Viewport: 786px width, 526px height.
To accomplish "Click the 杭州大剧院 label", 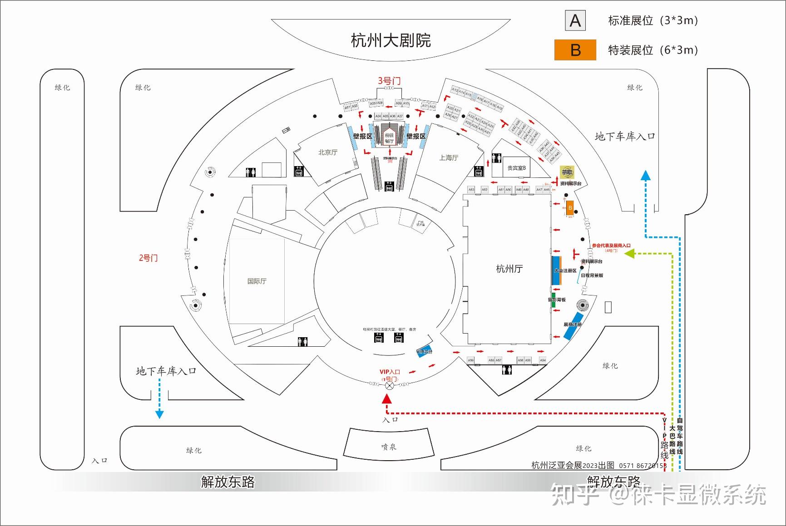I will (391, 40).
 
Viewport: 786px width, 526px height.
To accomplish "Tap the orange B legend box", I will (575, 50).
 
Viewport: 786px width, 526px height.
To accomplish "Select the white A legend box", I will (575, 21).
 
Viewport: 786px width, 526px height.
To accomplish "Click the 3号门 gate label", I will (389, 81).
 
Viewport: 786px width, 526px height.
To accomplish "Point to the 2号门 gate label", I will (148, 258).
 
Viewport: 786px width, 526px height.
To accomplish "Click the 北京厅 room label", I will (328, 152).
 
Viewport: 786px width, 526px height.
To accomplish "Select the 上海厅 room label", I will (449, 157).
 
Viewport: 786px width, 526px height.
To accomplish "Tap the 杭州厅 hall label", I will (509, 269).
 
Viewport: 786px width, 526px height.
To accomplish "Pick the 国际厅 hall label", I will (257, 281).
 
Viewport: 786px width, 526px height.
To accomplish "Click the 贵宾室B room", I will (516, 168).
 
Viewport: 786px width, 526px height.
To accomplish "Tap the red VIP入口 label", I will (390, 372).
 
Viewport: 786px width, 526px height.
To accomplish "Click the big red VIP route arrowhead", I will (387, 399).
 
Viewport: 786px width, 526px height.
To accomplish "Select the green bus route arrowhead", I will (629, 254).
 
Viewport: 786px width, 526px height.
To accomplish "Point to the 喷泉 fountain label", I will (389, 447).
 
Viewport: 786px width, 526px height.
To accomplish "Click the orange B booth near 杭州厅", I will (570, 208).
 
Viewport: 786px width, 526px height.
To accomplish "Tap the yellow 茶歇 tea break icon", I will (567, 172).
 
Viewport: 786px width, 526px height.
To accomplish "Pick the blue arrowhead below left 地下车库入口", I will (159, 414).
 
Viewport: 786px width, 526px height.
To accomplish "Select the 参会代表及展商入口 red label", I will (611, 246).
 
